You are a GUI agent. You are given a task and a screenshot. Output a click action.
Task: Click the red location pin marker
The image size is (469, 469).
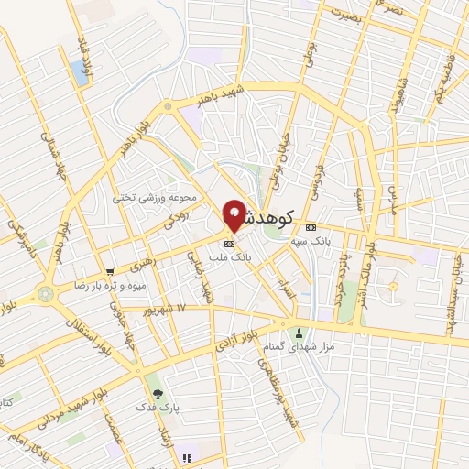click(x=234, y=214)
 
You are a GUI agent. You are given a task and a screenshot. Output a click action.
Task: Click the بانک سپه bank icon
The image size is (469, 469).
click(x=311, y=226)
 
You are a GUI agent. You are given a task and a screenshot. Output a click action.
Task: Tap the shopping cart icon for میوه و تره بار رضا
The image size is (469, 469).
click(x=110, y=271)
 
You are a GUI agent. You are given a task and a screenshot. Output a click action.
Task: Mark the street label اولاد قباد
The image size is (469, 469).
click(x=85, y=56)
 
